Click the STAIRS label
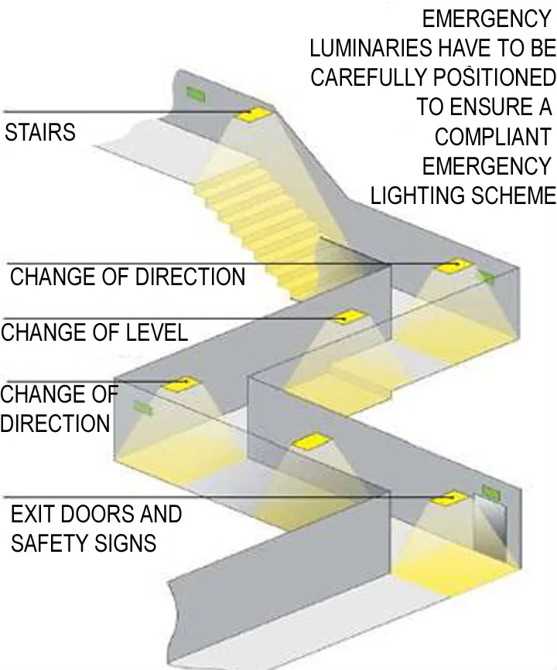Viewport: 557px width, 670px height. click(x=40, y=132)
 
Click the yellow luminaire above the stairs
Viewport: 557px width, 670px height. click(x=255, y=114)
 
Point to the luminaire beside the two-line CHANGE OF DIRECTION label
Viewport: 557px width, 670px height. click(x=179, y=383)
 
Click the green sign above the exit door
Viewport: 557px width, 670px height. click(x=490, y=490)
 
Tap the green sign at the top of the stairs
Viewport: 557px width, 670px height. click(x=196, y=95)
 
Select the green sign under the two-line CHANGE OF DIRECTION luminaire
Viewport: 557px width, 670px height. click(x=142, y=406)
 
